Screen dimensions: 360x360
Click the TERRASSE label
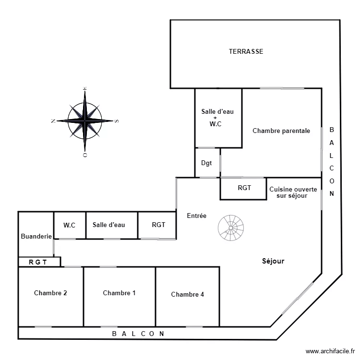(x=246, y=51)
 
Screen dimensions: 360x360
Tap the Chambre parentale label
(x=281, y=131)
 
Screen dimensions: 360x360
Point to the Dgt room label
(x=206, y=163)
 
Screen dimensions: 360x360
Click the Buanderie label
(x=36, y=236)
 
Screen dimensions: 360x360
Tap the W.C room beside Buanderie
(x=70, y=225)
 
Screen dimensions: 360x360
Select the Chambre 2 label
(x=50, y=293)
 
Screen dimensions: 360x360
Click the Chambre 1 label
(x=119, y=293)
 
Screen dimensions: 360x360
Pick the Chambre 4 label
(x=187, y=294)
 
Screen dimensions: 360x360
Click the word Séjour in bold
(x=273, y=261)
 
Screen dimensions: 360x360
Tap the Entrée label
(x=196, y=216)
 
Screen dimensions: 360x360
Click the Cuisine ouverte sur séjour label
(x=293, y=192)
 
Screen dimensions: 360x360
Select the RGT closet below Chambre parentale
(x=244, y=188)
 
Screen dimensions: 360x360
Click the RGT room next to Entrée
(x=158, y=225)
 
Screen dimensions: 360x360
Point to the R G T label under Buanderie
(x=38, y=262)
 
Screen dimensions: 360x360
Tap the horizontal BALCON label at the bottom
(x=138, y=333)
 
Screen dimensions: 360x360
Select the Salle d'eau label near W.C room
(x=109, y=225)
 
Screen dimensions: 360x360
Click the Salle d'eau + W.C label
(x=217, y=118)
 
